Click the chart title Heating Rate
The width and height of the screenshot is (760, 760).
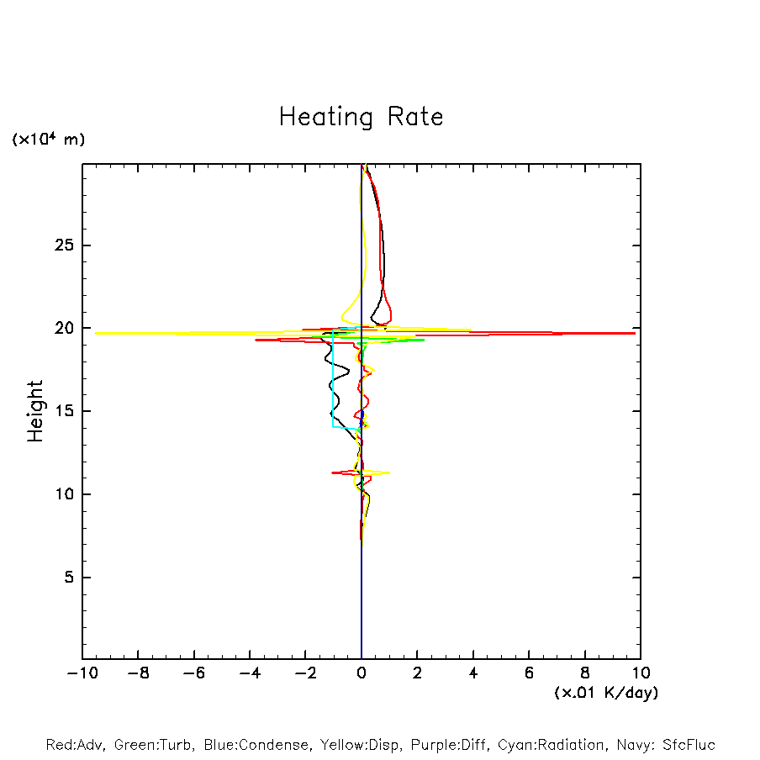click(361, 117)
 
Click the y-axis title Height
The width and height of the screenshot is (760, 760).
click(35, 411)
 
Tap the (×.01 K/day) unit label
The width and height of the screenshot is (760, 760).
click(605, 693)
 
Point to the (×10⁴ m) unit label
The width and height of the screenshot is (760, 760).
click(48, 140)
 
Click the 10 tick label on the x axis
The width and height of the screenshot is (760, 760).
click(640, 673)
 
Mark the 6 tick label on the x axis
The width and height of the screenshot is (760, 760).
click(529, 673)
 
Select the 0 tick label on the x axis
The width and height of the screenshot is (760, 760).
click(362, 673)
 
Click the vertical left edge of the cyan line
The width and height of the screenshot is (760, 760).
click(334, 383)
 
